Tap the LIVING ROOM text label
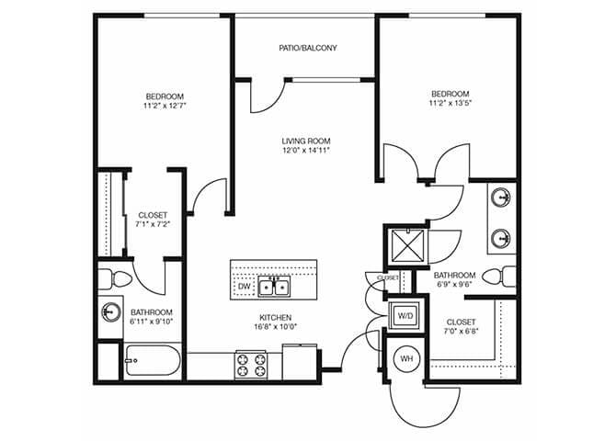306,141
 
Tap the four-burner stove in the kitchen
250,361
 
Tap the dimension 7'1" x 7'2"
154,223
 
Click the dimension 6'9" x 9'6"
454,286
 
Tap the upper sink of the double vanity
501,198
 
